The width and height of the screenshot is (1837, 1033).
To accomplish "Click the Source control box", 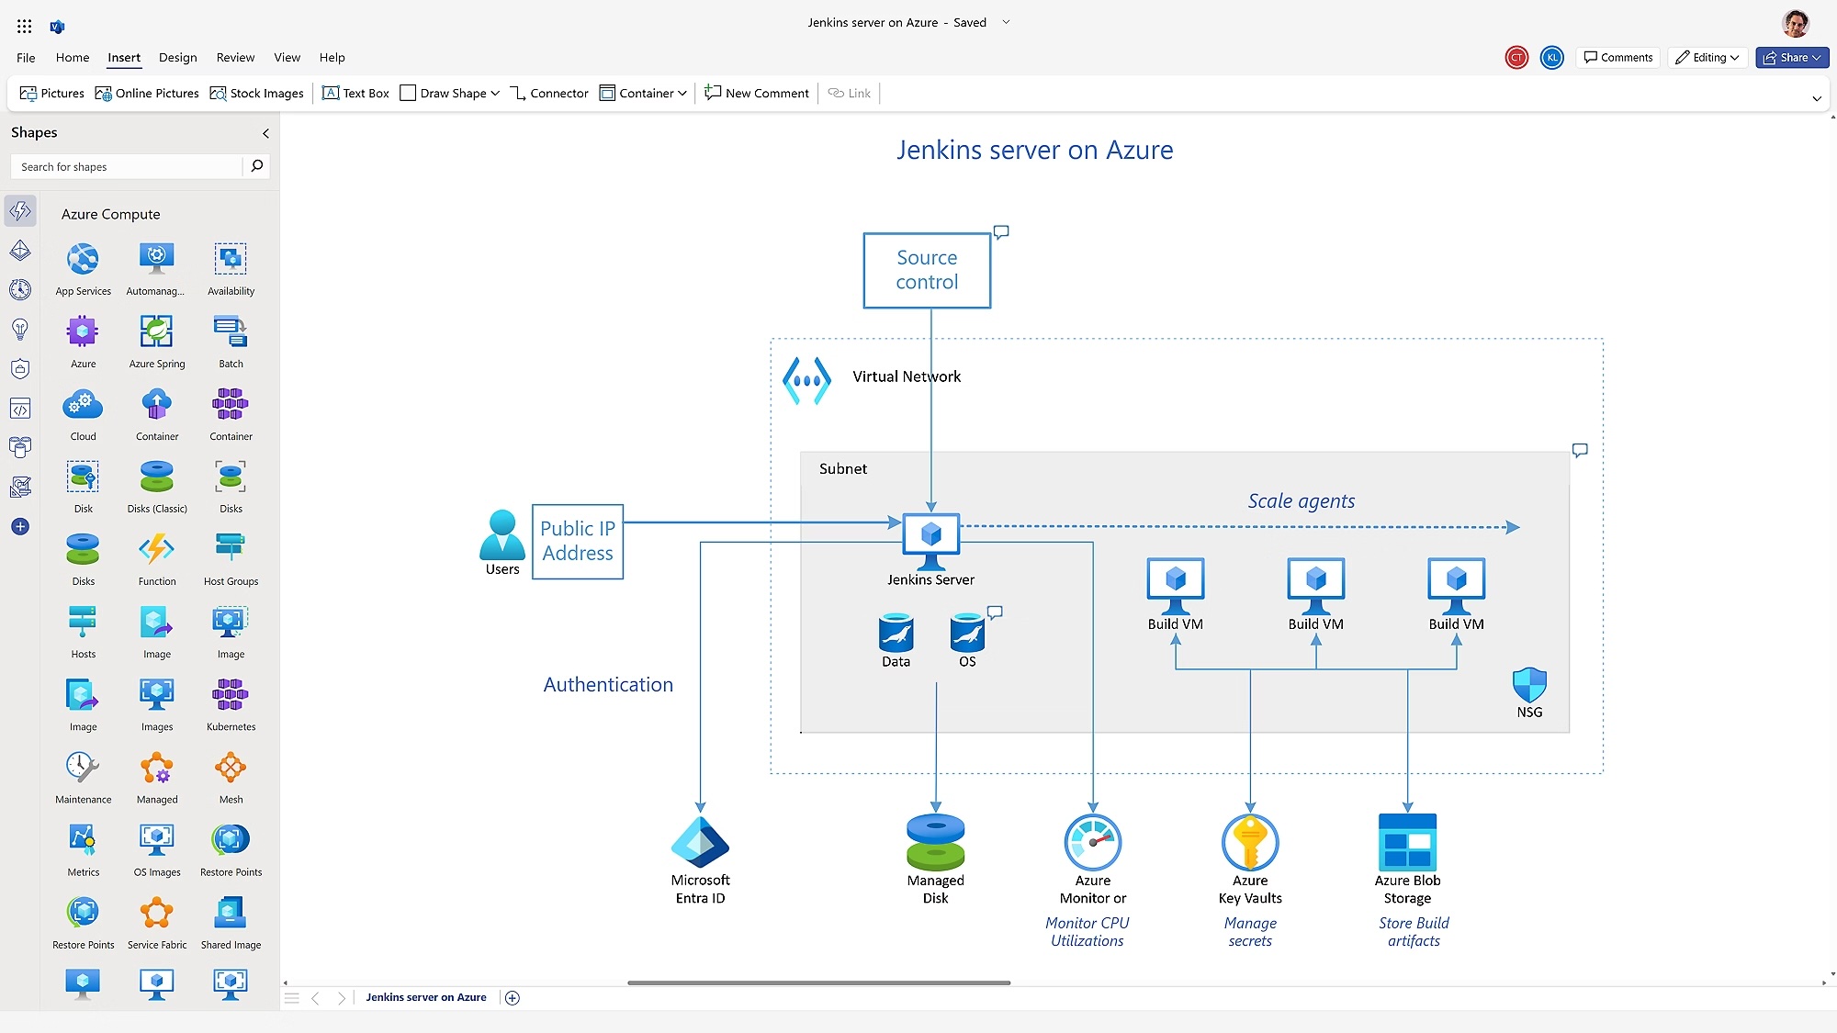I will (927, 270).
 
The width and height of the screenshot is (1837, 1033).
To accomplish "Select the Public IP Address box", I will (577, 541).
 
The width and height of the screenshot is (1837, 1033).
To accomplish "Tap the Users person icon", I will (502, 535).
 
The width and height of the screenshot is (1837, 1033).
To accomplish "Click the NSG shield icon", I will (1529, 685).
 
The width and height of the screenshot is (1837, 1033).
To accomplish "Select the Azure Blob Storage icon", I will (1407, 842).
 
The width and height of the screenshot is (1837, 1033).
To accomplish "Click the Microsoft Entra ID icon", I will (700, 842).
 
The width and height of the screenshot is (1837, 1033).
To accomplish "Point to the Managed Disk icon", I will (935, 842).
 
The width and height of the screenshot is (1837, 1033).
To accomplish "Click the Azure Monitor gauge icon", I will (1092, 842).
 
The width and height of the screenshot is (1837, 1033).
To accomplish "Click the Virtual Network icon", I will (806, 380).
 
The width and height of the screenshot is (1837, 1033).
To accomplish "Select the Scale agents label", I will (1301, 501).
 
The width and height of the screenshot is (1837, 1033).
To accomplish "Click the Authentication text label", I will (608, 685).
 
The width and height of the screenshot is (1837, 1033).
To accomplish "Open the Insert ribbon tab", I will (124, 58).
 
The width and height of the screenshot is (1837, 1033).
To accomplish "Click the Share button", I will (1791, 58).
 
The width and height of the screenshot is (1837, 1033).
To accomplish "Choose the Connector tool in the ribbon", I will (549, 94).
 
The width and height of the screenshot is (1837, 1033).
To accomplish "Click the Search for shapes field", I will (129, 167).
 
